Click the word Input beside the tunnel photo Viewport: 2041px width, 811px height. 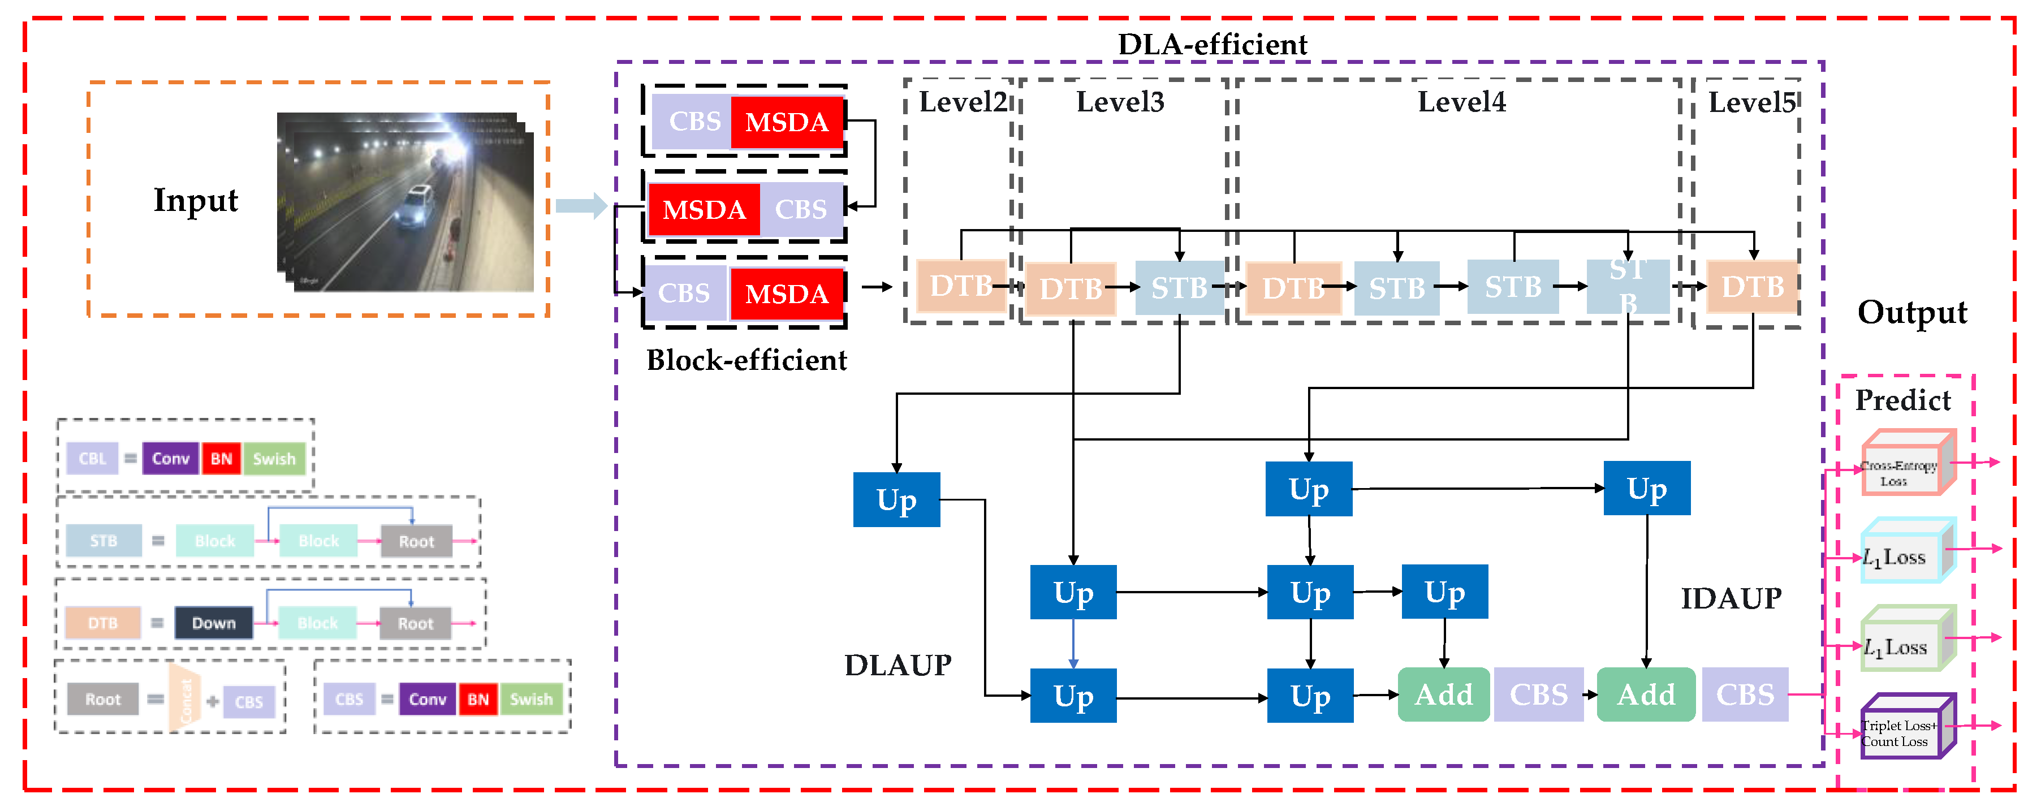click(195, 200)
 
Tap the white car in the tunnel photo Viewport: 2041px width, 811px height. click(415, 206)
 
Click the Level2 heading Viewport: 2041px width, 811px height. click(962, 102)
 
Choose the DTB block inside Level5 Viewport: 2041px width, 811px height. click(1752, 287)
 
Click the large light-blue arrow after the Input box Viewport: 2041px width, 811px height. click(581, 206)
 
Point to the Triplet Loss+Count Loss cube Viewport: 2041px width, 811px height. click(1905, 727)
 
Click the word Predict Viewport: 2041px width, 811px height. click(1902, 401)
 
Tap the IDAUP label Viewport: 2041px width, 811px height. click(1731, 599)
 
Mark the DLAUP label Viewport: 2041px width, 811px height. click(897, 665)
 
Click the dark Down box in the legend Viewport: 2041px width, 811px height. click(213, 623)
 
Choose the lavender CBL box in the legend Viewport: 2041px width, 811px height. click(92, 459)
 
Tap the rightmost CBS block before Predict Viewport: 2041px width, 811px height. click(1744, 694)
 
